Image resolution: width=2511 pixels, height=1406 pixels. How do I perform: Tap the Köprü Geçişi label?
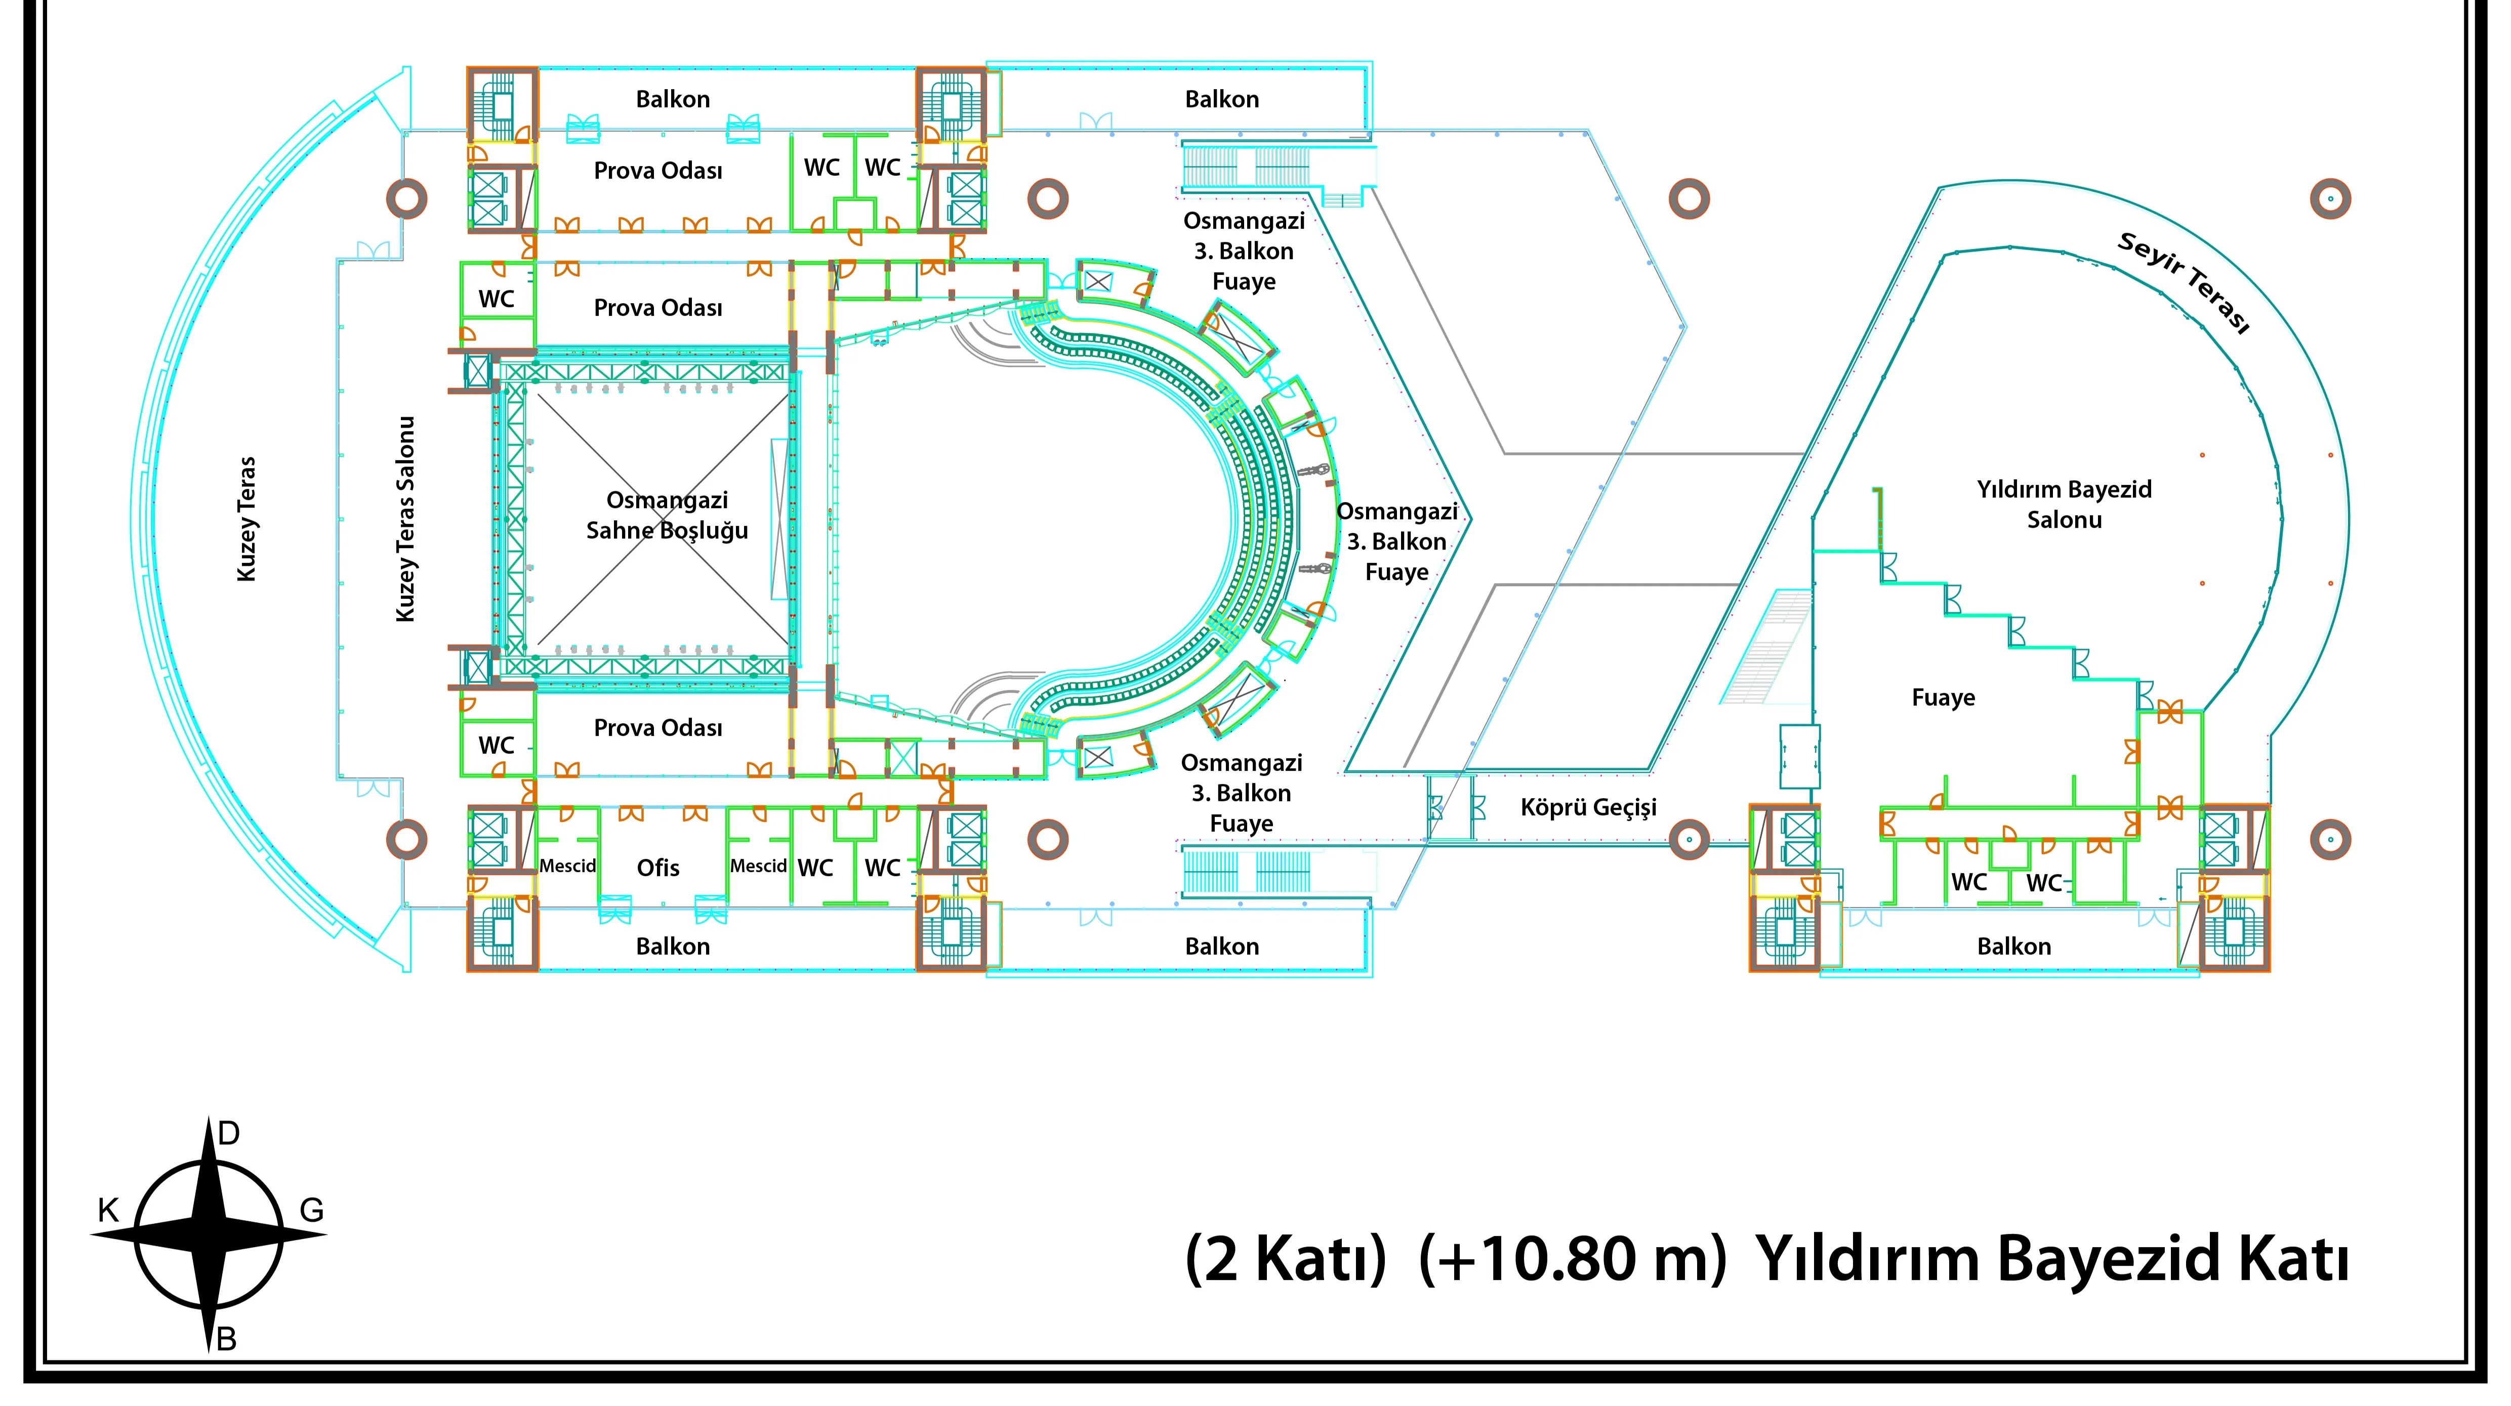[x=1589, y=807]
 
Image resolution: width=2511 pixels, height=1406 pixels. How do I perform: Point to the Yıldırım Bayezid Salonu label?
[x=2065, y=504]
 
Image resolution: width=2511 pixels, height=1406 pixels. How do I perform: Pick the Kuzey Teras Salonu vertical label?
[x=405, y=519]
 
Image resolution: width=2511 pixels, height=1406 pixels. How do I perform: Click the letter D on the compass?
[x=228, y=1133]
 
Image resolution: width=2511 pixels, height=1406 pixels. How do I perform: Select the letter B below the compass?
[x=226, y=1340]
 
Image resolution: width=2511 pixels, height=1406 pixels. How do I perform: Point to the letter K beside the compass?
[x=108, y=1211]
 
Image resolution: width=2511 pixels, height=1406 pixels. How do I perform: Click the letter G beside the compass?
[x=311, y=1211]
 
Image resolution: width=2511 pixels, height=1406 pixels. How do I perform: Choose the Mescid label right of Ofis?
[x=758, y=866]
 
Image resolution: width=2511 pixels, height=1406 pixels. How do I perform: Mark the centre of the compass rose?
[x=209, y=1234]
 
